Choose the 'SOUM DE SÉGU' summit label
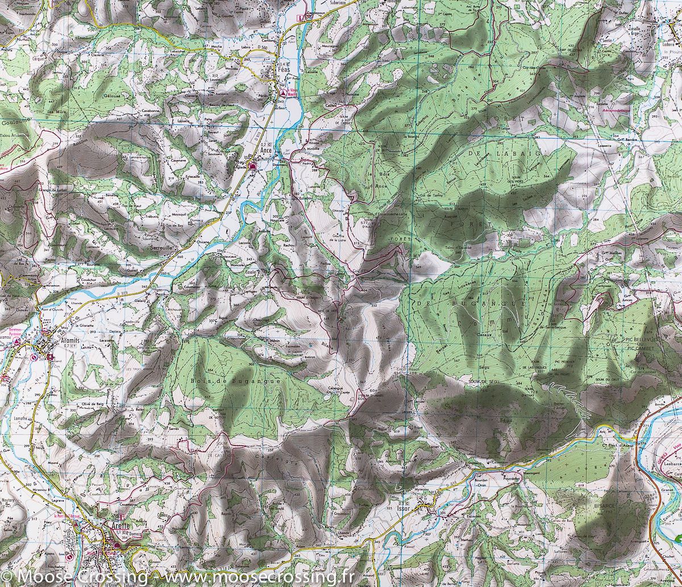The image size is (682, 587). (485, 382)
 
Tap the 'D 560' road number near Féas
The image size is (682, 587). (262, 47)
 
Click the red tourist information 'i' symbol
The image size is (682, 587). (300, 18)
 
